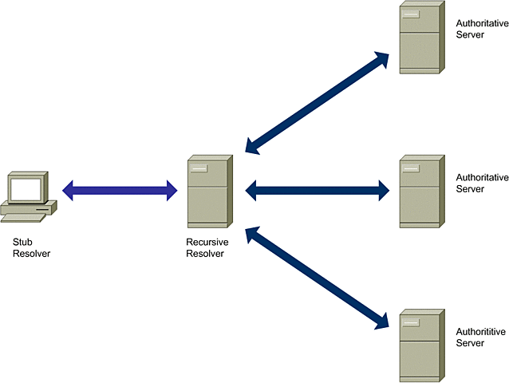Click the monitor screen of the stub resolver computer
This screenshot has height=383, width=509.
[25, 188]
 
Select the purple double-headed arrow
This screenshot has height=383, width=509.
[120, 190]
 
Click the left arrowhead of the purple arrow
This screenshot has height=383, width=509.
[69, 190]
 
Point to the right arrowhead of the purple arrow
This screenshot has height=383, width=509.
[170, 190]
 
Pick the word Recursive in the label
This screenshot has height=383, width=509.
[205, 243]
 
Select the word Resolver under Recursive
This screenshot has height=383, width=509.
[205, 254]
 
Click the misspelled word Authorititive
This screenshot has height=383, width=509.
[481, 331]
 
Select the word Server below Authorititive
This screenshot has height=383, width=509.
[470, 343]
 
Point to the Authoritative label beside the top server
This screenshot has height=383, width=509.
[481, 23]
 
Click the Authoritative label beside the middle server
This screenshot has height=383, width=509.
[481, 177]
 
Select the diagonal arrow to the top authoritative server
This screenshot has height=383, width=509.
[317, 102]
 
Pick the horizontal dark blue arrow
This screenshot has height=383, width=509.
[317, 190]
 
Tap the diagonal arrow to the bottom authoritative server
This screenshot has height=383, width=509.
[317, 278]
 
